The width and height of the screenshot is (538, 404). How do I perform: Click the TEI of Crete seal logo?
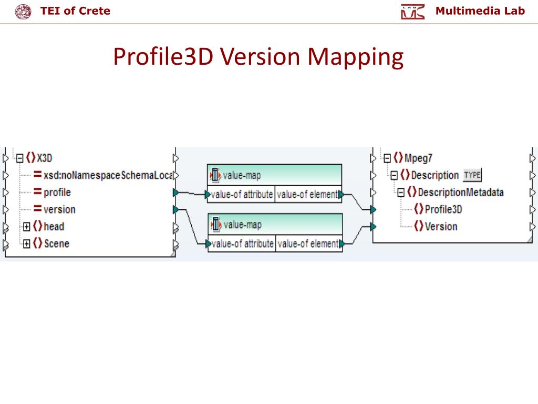23,11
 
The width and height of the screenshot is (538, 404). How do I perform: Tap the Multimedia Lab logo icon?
412,12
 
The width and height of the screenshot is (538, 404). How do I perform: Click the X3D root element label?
45,158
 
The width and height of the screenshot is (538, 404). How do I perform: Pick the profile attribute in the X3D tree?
57,192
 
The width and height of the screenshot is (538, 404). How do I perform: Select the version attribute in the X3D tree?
59,209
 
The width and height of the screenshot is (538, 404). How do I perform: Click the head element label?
54,227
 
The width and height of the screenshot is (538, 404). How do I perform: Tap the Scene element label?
56,244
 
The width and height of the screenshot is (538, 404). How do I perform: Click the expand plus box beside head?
26,227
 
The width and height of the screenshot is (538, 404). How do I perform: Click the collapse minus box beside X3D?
20,158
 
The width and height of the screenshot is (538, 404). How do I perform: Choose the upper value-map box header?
274,175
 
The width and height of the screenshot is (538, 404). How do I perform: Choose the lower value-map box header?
274,225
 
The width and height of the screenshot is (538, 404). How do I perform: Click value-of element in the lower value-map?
307,244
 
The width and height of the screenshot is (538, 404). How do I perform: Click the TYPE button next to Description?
472,175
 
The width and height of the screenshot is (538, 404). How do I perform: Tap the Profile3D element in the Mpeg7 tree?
443,209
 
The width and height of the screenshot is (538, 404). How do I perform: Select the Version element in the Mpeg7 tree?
440,227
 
